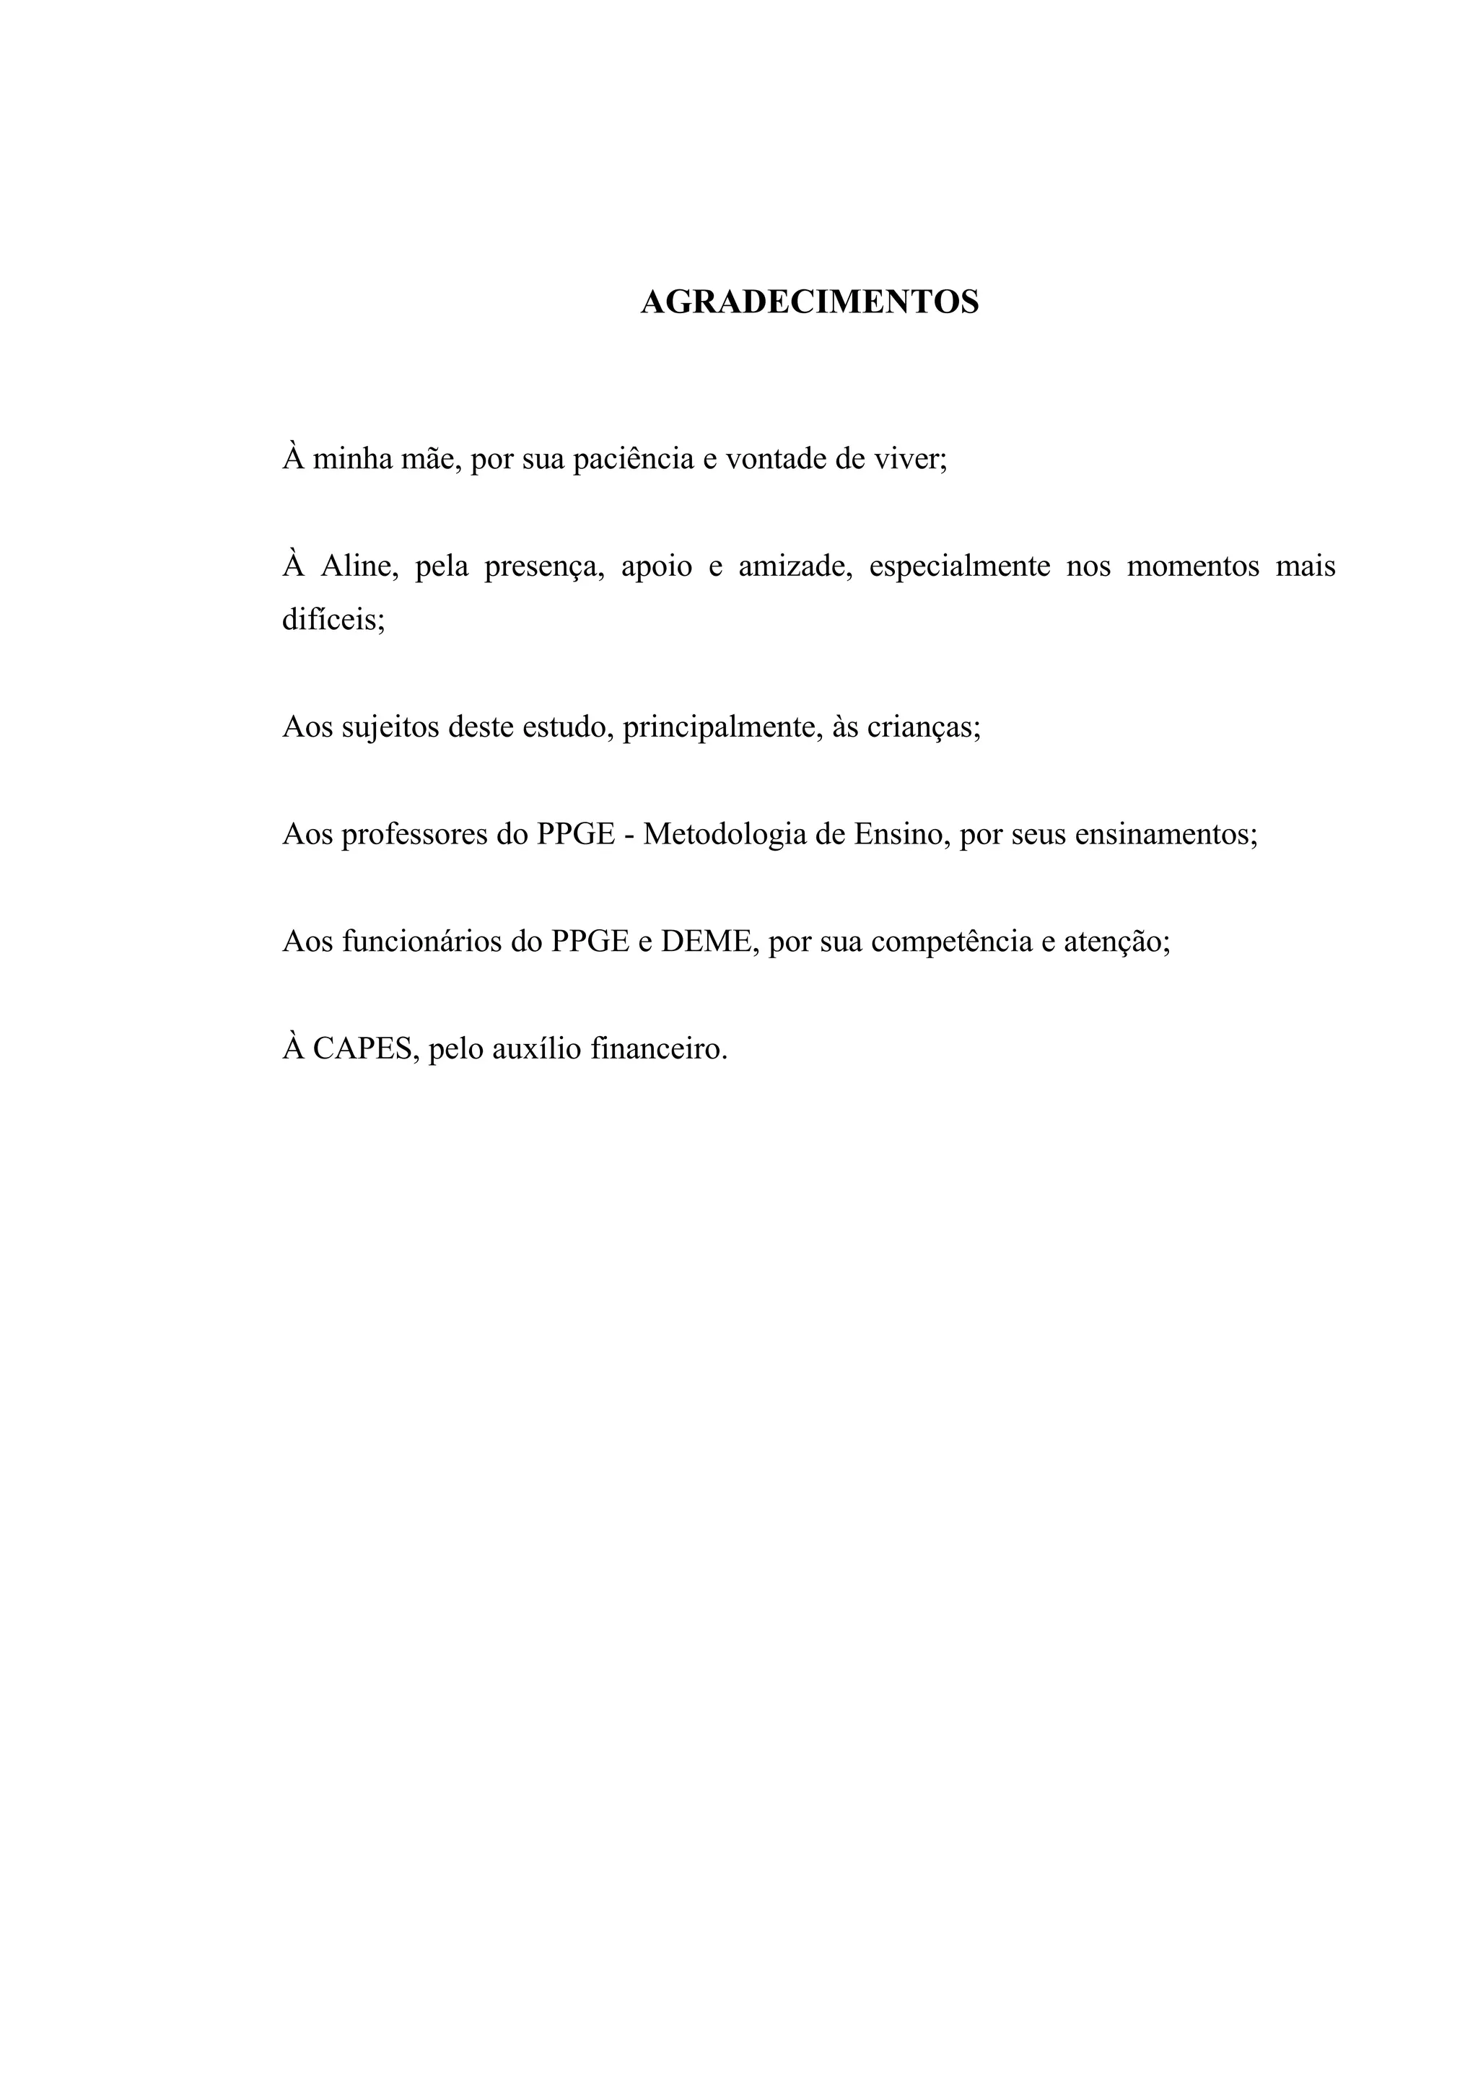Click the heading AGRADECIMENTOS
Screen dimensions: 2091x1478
[x=810, y=302]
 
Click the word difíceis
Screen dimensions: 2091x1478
[x=333, y=621]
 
